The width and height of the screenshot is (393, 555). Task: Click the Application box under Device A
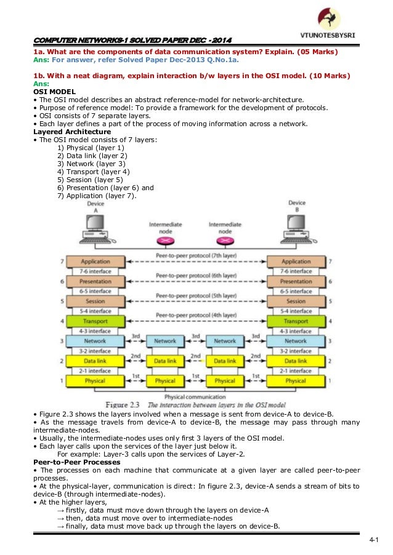pos(95,262)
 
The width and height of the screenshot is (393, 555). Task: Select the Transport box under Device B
pos(296,321)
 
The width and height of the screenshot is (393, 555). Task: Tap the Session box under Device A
pos(95,301)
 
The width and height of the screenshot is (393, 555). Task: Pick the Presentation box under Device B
pos(296,281)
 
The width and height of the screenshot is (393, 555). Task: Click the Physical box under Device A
pos(95,381)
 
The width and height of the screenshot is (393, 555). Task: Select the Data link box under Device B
pos(296,361)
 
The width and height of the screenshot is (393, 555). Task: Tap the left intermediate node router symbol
pos(165,240)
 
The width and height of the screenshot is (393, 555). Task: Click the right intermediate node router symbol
pos(225,240)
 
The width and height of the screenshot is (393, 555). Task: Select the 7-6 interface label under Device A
pos(95,271)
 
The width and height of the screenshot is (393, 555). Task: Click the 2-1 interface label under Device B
pos(296,370)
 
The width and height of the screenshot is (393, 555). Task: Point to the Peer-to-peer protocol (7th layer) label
pos(195,255)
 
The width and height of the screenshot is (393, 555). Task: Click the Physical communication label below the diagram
pos(195,397)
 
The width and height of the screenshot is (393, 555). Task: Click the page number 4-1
pos(373,540)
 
